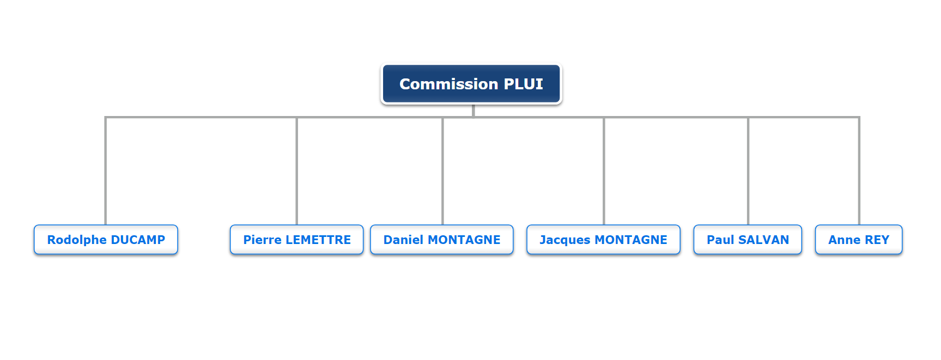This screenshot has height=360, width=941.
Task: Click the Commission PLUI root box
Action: coord(471,84)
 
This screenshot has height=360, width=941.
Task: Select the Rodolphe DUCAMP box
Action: coord(106,240)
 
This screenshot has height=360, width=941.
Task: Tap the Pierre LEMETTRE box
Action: coord(296,240)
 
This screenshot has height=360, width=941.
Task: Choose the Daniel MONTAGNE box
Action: coord(442,240)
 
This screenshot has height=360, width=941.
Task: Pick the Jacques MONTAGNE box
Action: coord(603,240)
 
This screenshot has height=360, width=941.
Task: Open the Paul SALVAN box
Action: coord(748,240)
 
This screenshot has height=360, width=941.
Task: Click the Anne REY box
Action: coord(859,240)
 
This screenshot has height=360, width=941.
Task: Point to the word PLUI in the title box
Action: coord(523,84)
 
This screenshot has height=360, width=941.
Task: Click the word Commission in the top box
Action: coord(448,84)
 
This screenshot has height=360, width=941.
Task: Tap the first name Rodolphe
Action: coord(77,240)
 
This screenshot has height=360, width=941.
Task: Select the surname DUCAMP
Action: coord(138,240)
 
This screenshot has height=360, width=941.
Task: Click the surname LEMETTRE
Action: coord(318,240)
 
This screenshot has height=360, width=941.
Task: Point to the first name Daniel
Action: coord(403,240)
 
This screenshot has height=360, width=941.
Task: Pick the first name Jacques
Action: coord(565,240)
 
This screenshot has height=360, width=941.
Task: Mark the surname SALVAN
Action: coord(763,240)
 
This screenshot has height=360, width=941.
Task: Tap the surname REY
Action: coord(877,240)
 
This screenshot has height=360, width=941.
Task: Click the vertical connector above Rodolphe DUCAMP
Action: coord(106,171)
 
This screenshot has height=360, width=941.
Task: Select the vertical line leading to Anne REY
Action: coord(859,171)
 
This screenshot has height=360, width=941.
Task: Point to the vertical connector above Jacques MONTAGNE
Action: coord(604,171)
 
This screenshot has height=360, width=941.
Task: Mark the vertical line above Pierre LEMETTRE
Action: coord(296,171)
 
